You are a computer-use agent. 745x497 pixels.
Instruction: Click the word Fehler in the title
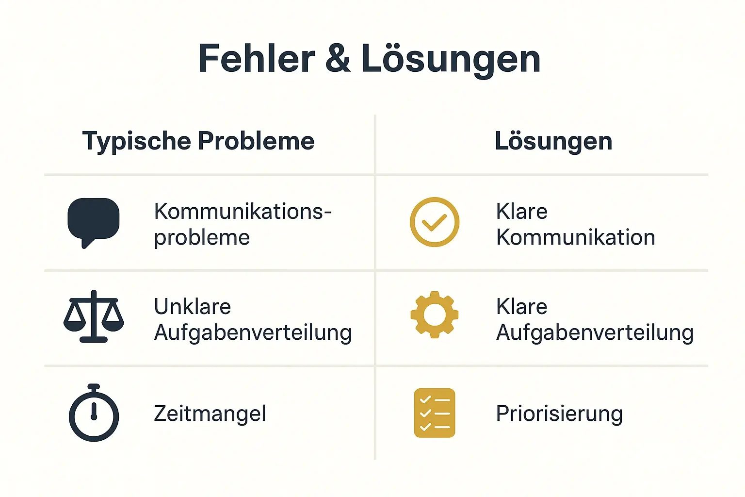pyautogui.click(x=257, y=59)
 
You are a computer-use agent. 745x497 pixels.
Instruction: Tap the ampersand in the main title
pyautogui.click(x=338, y=59)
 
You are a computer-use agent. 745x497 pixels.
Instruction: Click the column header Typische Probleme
pyautogui.click(x=198, y=141)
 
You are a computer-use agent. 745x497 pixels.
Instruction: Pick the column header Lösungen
pyautogui.click(x=553, y=141)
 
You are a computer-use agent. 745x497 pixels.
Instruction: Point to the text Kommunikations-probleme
pyautogui.click(x=243, y=224)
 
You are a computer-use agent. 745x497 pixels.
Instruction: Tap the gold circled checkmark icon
pyautogui.click(x=434, y=222)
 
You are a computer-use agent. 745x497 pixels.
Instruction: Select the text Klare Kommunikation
pyautogui.click(x=575, y=224)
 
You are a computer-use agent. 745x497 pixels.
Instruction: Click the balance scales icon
pyautogui.click(x=94, y=316)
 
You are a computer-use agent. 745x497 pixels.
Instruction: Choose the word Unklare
pyautogui.click(x=193, y=307)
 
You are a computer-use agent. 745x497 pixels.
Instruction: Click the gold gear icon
pyautogui.click(x=434, y=315)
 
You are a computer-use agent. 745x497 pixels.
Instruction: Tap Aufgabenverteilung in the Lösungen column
pyautogui.click(x=595, y=333)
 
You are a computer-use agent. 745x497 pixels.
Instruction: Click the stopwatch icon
pyautogui.click(x=94, y=414)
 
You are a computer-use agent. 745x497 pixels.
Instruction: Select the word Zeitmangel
pyautogui.click(x=210, y=414)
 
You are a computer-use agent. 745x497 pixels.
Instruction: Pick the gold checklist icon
pyautogui.click(x=434, y=413)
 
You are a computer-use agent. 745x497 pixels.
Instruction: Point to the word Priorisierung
pyautogui.click(x=559, y=414)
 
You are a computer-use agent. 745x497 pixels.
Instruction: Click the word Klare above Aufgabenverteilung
pyautogui.click(x=521, y=307)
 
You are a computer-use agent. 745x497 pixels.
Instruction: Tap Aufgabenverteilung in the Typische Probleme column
pyautogui.click(x=253, y=333)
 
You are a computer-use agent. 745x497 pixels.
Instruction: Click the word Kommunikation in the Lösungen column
pyautogui.click(x=575, y=237)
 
